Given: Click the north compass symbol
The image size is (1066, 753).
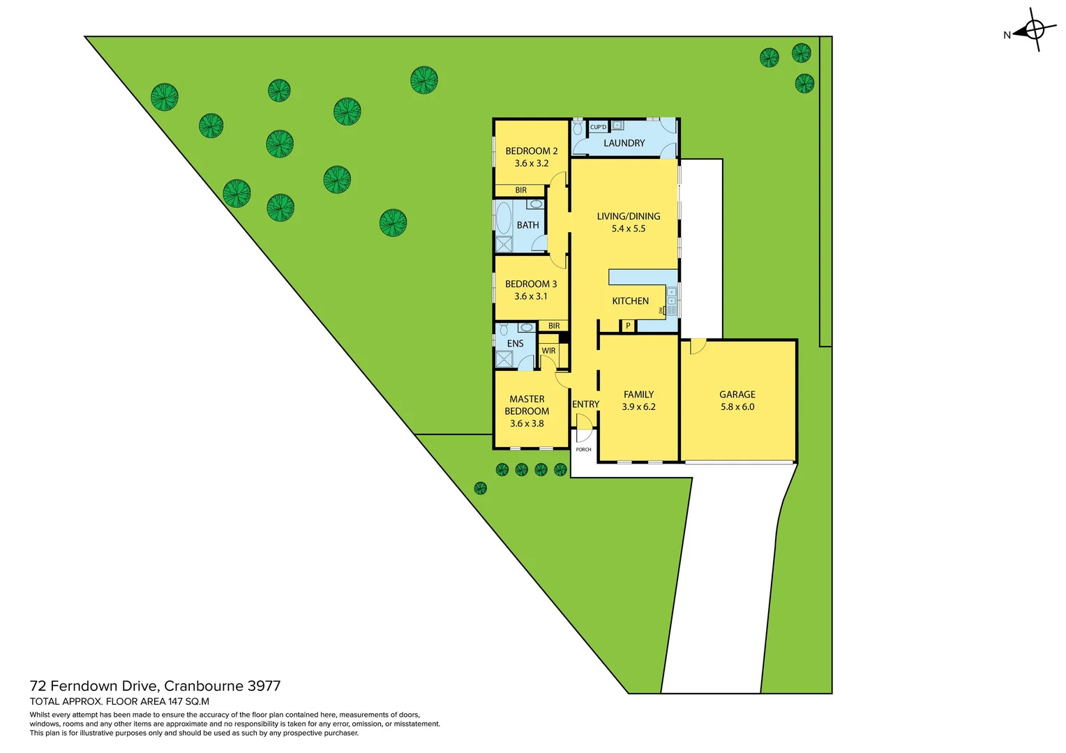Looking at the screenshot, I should (x=1035, y=30).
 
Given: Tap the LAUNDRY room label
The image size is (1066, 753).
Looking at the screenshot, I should (x=624, y=143).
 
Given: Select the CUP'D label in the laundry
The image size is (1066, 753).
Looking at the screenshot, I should (x=598, y=127).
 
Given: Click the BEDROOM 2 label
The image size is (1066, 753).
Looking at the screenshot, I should (x=531, y=151).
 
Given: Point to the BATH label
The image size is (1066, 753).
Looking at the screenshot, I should (x=527, y=225).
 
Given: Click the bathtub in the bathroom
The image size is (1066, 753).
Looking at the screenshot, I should (x=502, y=218).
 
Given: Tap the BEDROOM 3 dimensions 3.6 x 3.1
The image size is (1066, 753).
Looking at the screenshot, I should (x=530, y=296).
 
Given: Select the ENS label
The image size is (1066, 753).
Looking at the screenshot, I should (x=515, y=344).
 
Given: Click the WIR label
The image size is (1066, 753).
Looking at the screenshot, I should (x=548, y=351).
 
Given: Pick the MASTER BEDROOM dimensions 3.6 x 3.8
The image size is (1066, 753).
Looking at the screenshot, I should (x=526, y=423).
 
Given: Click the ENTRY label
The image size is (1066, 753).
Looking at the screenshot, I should (x=585, y=404).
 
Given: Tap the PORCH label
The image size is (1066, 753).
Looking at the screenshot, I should (x=583, y=450).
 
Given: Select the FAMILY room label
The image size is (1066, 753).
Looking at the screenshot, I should (x=638, y=395).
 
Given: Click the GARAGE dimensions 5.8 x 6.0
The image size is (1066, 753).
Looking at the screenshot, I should (x=737, y=407).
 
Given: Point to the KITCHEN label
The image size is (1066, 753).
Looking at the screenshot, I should (x=630, y=301).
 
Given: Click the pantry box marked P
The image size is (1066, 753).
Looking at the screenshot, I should (x=628, y=326).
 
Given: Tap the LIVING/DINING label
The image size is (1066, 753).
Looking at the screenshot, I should (x=628, y=216).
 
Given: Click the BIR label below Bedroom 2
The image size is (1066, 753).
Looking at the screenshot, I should (x=520, y=190).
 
